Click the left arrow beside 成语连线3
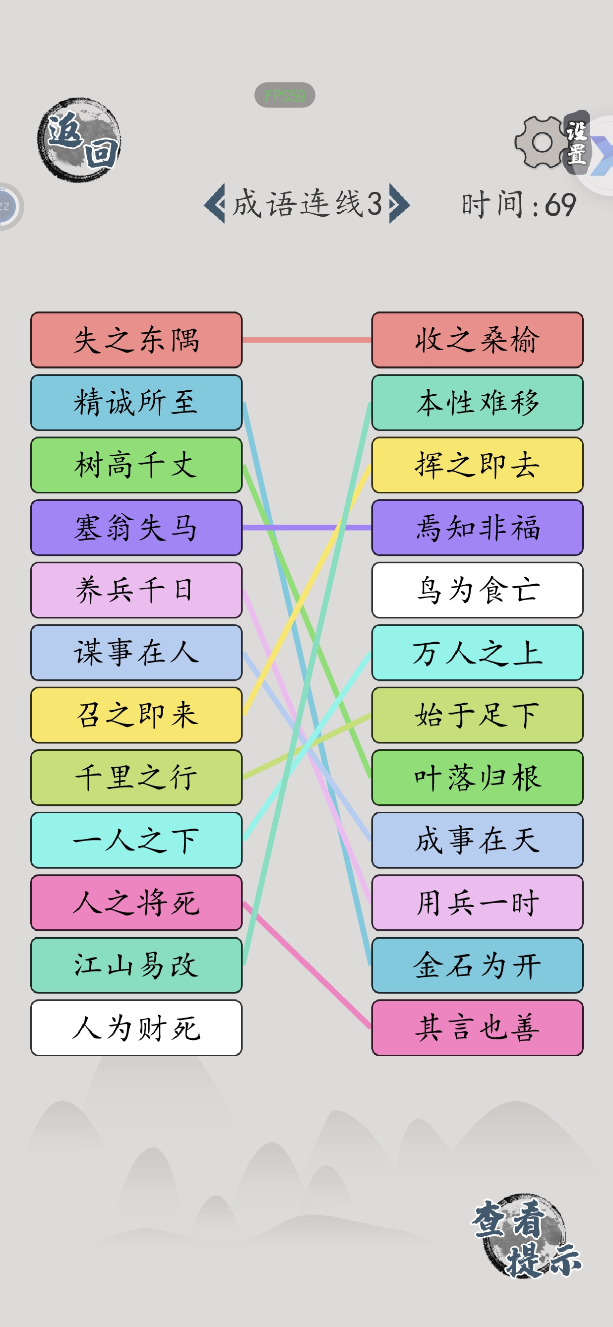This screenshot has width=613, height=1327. pos(215,203)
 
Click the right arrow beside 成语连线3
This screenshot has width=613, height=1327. pos(400,203)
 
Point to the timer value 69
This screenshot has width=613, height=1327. pos(560,205)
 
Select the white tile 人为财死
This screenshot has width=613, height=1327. pos(136,1027)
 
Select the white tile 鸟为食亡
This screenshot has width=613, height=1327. pos(478,590)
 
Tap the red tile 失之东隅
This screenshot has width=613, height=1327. pos(136,340)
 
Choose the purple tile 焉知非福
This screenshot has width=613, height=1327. pos(478,528)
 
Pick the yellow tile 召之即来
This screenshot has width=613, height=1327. pos(136,715)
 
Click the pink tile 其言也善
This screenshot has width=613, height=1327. pos(478,1027)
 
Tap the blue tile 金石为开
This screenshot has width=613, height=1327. pos(478,965)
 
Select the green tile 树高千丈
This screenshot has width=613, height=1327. pos(136,465)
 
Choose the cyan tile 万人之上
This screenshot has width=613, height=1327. pos(478,653)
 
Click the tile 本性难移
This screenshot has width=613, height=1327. pos(478,402)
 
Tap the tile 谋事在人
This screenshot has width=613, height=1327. pos(136,653)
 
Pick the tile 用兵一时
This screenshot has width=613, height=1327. pos(478,903)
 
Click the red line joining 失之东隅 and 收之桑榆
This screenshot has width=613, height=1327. pos(307,340)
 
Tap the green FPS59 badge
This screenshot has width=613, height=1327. pos(285,95)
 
